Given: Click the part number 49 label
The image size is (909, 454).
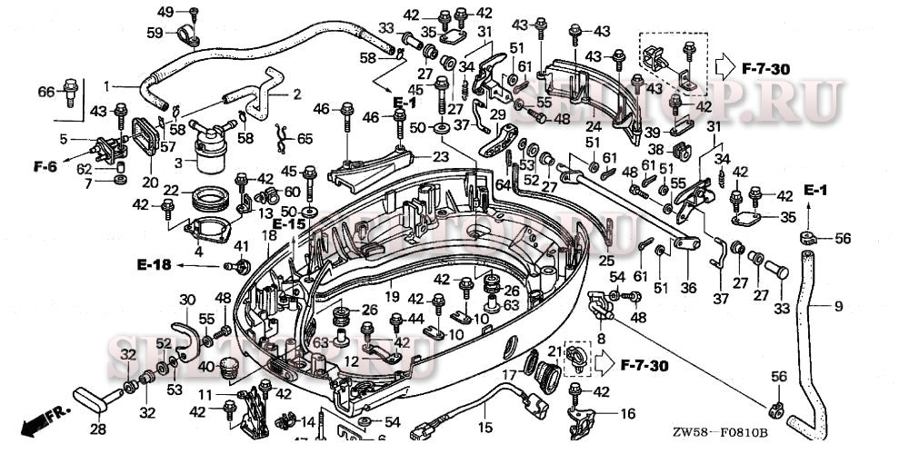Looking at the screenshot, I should click(165, 11).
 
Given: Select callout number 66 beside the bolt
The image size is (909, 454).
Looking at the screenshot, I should click(46, 91).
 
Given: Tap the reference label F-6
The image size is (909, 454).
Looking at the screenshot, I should click(45, 166).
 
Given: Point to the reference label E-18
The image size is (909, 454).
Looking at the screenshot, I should click(154, 264).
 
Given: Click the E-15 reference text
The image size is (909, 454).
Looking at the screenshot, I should click(289, 223).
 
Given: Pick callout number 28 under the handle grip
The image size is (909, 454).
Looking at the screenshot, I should click(97, 429).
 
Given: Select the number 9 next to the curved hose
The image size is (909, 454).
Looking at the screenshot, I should click(838, 305).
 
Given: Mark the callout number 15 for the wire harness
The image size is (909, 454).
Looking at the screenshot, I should click(485, 427).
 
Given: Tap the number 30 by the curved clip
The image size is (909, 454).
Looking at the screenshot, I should click(186, 301).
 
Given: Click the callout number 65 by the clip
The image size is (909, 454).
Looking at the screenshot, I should click(305, 139).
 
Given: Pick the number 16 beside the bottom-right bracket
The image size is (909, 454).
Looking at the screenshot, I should click(628, 413).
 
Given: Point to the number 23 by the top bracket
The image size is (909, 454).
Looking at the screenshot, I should click(440, 155).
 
